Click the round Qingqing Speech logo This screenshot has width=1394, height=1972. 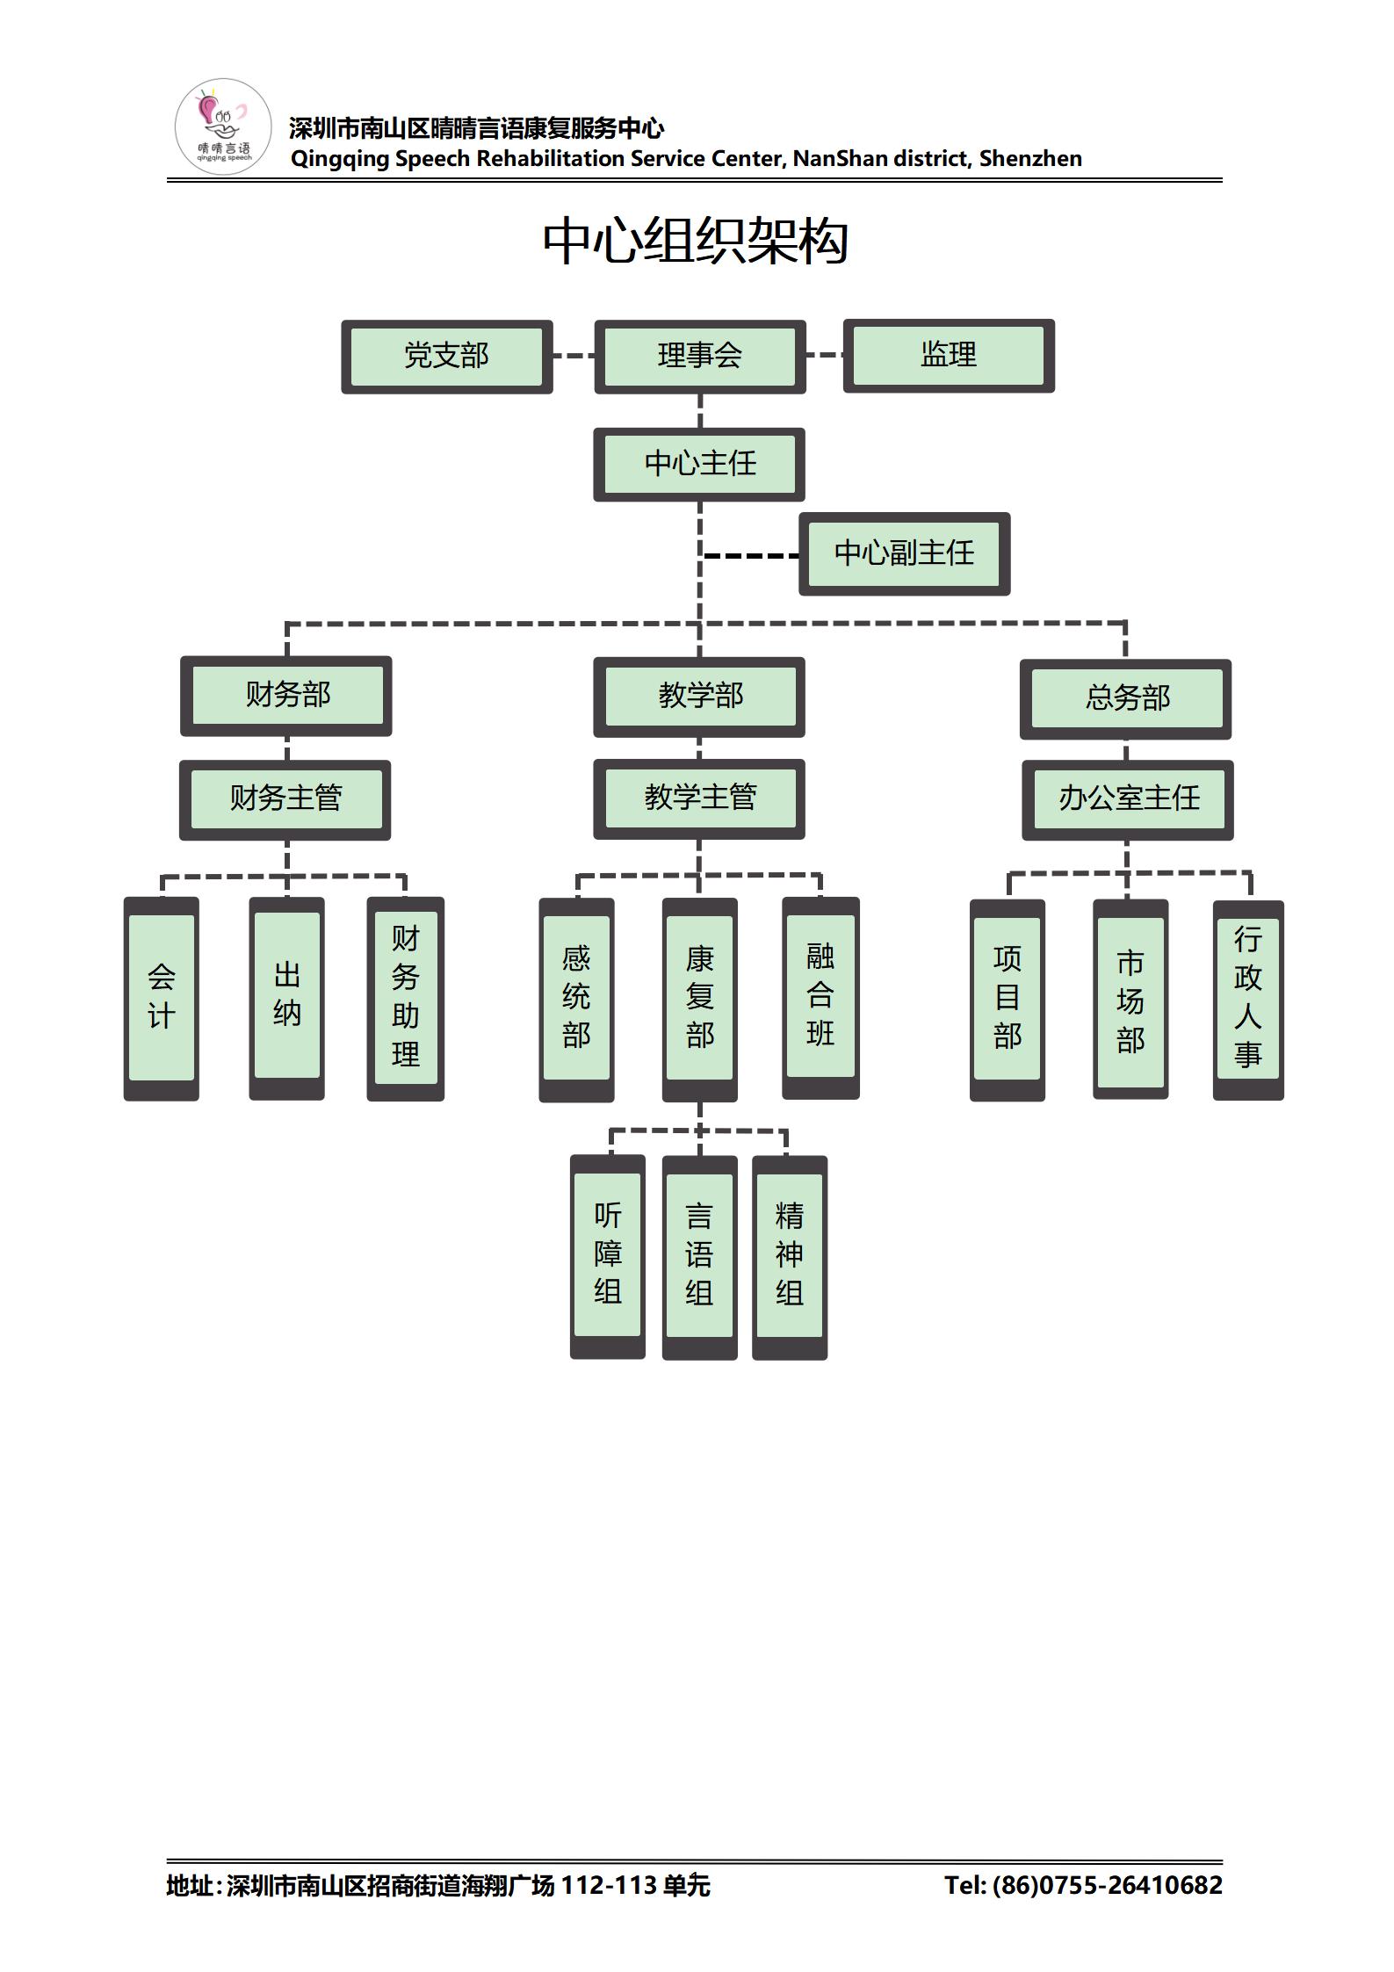tap(223, 126)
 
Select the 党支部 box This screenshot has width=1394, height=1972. tap(446, 356)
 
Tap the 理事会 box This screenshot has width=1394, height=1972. tap(699, 356)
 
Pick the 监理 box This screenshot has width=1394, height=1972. tap(948, 355)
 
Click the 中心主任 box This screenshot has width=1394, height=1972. tap(699, 464)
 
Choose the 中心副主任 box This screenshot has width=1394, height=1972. tap(904, 553)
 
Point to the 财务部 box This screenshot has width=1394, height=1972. tap(286, 696)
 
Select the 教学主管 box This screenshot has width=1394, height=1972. tap(699, 798)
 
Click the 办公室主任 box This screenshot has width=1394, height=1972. tap(1128, 799)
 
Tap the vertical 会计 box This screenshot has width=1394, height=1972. tap(162, 998)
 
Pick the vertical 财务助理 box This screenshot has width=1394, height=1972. tap(405, 998)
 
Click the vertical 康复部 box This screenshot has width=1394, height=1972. tap(699, 998)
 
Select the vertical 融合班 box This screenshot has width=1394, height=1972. tap(820, 996)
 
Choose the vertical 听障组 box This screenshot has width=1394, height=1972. tap(608, 1255)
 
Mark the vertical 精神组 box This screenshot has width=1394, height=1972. tap(790, 1256)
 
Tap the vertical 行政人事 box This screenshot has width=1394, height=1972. tap(1248, 999)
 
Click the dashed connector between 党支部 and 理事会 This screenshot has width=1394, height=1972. tap(574, 356)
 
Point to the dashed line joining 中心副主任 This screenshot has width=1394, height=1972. tap(751, 556)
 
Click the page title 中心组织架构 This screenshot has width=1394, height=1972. tap(696, 242)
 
